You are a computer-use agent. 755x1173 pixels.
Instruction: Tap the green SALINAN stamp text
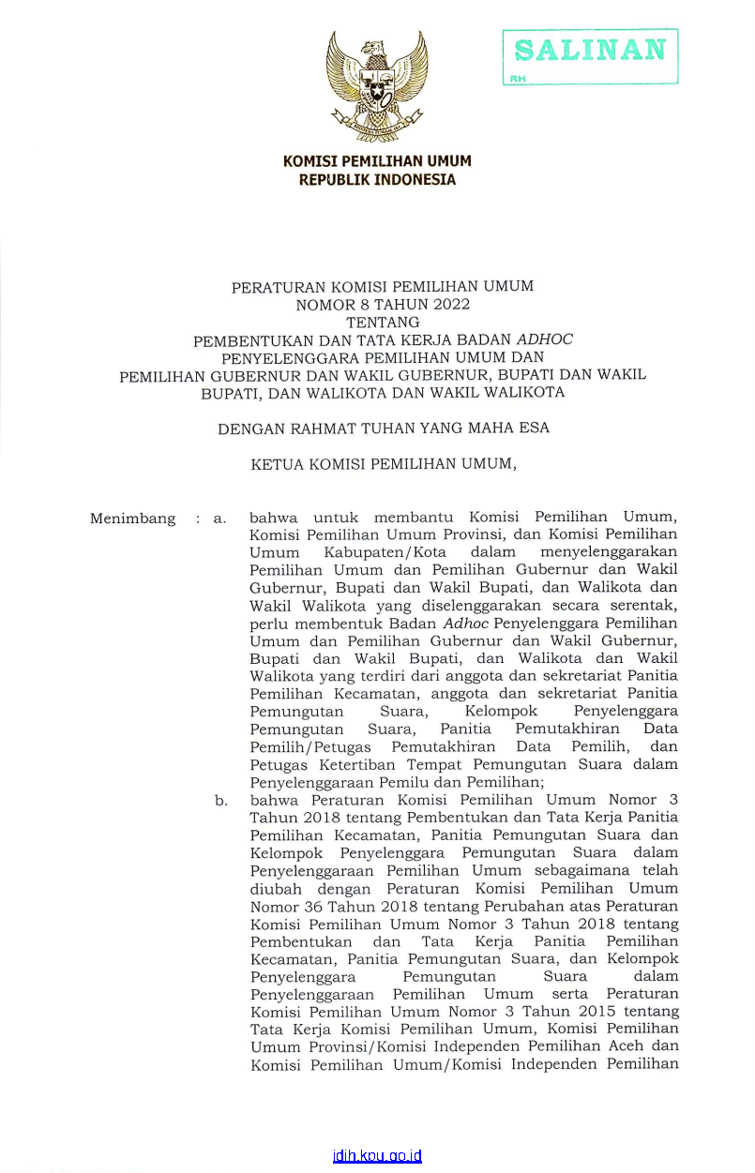591,50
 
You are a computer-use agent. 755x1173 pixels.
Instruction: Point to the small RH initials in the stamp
518,79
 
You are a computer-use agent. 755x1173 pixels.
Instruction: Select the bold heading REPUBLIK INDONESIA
377,179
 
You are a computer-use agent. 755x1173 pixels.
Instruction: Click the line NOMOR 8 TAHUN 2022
383,304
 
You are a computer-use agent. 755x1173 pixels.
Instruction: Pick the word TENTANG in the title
383,322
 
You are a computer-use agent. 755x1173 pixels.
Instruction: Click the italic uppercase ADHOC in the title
545,339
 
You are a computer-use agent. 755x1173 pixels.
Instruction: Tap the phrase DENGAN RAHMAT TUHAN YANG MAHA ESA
383,429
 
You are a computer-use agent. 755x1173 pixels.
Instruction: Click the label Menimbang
132,519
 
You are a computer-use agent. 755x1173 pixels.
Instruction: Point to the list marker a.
219,519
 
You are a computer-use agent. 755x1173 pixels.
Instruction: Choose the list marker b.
220,801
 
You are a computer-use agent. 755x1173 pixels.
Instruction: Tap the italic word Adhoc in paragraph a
466,624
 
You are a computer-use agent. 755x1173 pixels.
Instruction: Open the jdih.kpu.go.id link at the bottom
377,1156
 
